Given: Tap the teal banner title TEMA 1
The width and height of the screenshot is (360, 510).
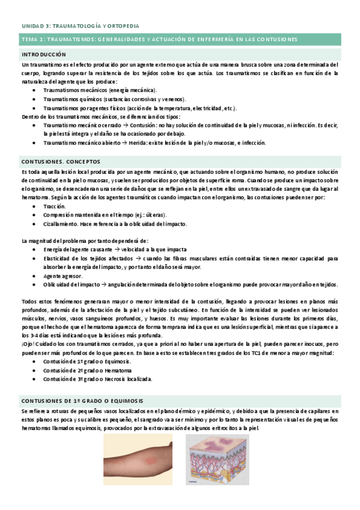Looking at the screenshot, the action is pyautogui.click(x=159, y=40).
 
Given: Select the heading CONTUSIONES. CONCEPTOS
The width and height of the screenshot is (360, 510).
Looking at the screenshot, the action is pyautogui.click(x=61, y=162).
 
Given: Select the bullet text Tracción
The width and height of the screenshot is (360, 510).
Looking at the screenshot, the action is pyautogui.click(x=55, y=206).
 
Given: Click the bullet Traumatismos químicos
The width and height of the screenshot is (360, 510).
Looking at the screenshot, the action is pyautogui.click(x=114, y=99).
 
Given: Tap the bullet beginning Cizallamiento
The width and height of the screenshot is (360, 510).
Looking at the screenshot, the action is pyautogui.click(x=115, y=224).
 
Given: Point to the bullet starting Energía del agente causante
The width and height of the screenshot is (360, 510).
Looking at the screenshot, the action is pyautogui.click(x=114, y=249).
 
